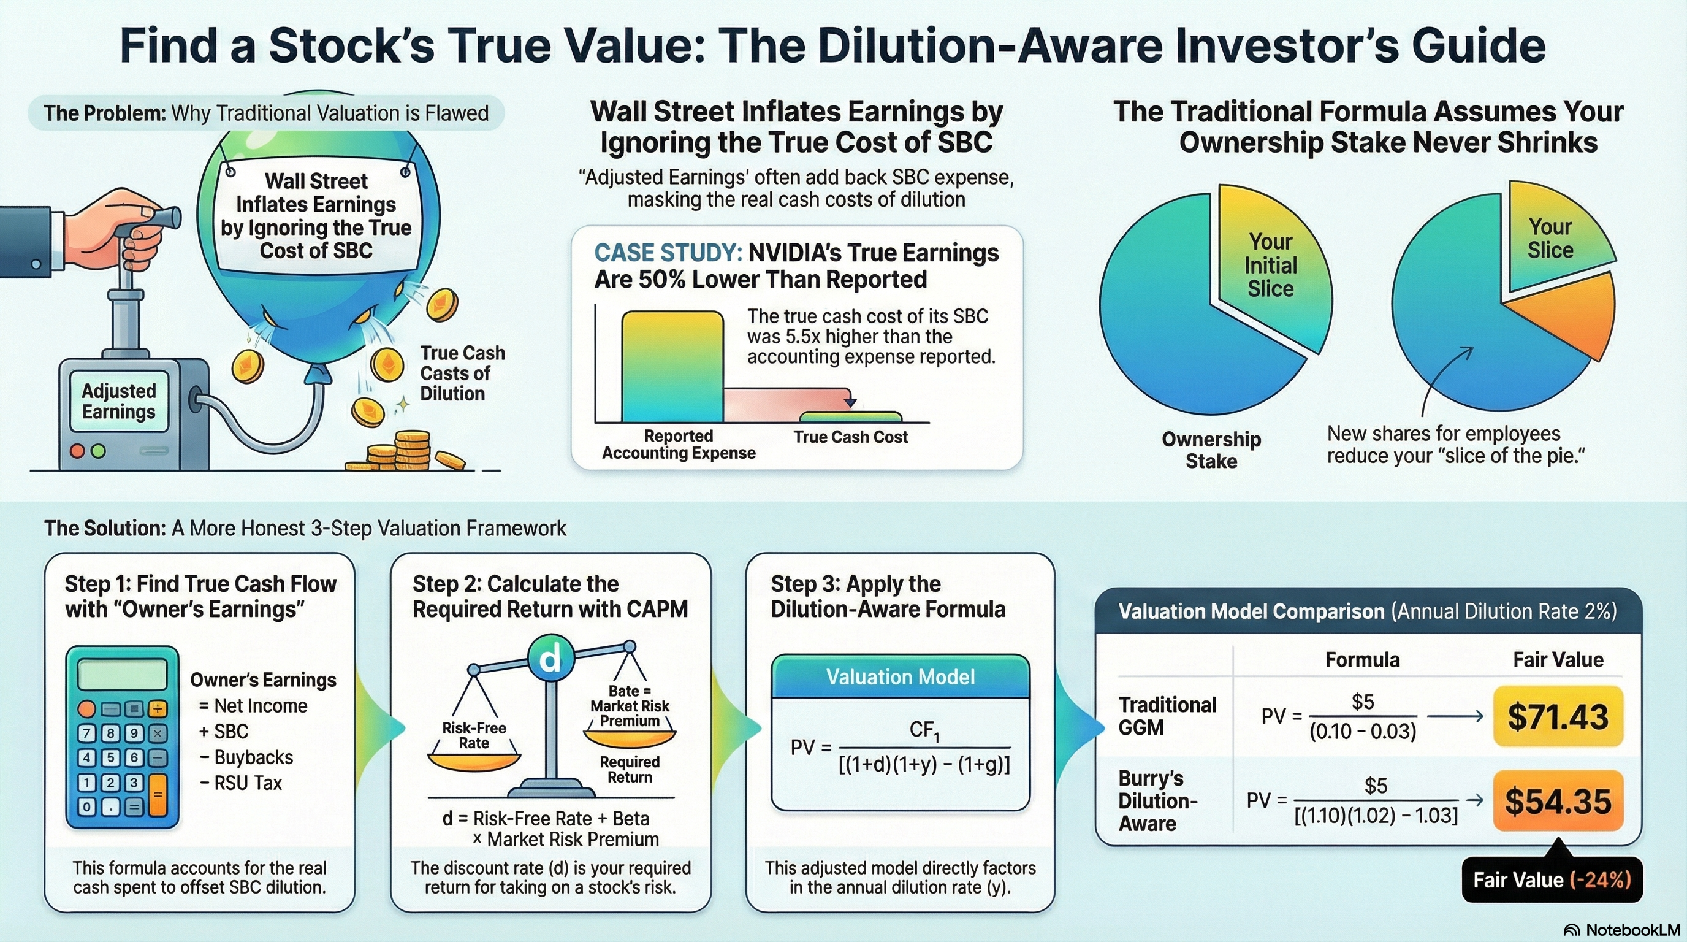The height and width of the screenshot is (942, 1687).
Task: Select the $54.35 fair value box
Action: point(1558,800)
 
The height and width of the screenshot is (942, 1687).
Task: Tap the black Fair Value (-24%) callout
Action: point(1552,879)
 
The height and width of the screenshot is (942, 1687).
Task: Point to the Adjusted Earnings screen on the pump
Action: point(118,401)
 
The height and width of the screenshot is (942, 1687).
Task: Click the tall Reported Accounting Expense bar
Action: point(672,367)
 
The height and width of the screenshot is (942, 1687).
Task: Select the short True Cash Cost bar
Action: point(851,416)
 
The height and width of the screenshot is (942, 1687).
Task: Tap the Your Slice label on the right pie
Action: point(1550,239)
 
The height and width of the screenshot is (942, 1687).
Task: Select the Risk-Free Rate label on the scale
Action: point(473,735)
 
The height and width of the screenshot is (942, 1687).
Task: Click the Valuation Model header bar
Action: point(901,676)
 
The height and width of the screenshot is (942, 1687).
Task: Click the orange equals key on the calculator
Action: point(158,794)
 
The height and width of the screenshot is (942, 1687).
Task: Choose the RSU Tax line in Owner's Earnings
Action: point(240,783)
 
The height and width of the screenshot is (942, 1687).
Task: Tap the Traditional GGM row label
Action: point(1167,716)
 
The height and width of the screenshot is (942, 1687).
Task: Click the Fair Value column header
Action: point(1558,659)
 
